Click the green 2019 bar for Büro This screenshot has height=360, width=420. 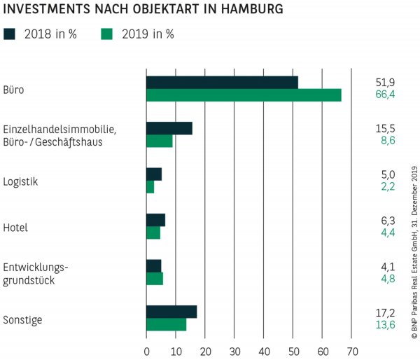point(244,95)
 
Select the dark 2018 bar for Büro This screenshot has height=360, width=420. point(222,82)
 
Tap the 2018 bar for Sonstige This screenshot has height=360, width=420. point(171,312)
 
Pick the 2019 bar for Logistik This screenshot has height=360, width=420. point(150,187)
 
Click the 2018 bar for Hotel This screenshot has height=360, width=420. point(155,220)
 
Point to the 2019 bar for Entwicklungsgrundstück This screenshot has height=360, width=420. point(155,279)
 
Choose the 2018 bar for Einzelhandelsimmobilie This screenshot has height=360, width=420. point(169,128)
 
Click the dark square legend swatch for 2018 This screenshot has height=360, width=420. point(8,34)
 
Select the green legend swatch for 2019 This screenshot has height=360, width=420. point(107,34)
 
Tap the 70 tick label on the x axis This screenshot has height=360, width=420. point(352,350)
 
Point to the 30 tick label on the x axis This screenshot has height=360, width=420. point(234,350)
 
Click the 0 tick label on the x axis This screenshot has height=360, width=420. point(146,350)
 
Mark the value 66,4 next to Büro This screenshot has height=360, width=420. point(385,95)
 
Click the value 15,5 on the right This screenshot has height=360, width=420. point(385,128)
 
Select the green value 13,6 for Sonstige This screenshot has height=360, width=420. point(385,325)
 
